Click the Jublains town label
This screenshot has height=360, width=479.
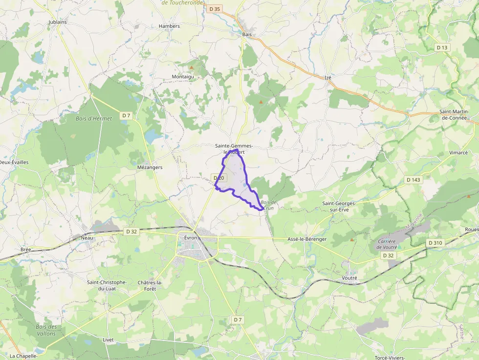[58, 22]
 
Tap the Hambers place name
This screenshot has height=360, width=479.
[170, 26]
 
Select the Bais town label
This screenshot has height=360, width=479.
[247, 34]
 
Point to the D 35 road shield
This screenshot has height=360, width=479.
[215, 8]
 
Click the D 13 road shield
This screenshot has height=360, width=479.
[442, 47]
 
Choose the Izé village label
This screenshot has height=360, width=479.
[328, 77]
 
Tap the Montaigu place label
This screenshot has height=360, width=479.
[183, 77]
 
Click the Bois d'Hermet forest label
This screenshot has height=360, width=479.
[94, 118]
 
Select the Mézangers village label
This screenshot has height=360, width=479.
[150, 167]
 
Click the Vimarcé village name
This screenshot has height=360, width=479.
[458, 152]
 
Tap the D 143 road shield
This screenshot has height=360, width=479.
[413, 180]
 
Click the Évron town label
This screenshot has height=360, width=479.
[190, 237]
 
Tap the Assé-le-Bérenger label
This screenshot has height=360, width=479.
[307, 239]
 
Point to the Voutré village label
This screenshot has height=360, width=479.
[350, 277]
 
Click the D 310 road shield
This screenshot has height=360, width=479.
[435, 243]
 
